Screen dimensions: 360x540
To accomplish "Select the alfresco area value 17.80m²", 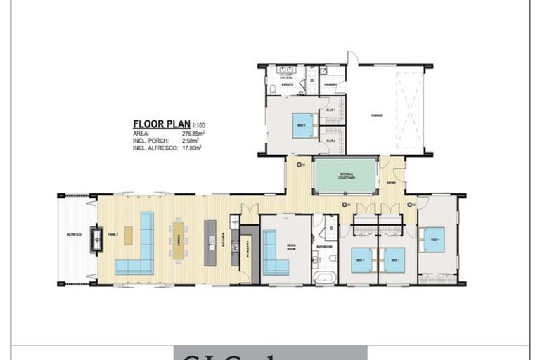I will click(x=192, y=148).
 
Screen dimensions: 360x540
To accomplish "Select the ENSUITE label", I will click(x=287, y=85).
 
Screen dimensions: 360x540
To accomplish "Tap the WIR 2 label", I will click(x=330, y=141).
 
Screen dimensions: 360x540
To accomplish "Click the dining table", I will click(x=179, y=240).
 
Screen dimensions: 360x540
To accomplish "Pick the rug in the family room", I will click(x=128, y=236).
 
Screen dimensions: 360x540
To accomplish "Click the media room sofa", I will click(x=274, y=253).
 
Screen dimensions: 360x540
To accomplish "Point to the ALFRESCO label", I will click(x=75, y=233).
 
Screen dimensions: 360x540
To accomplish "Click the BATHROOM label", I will click(x=323, y=247).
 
